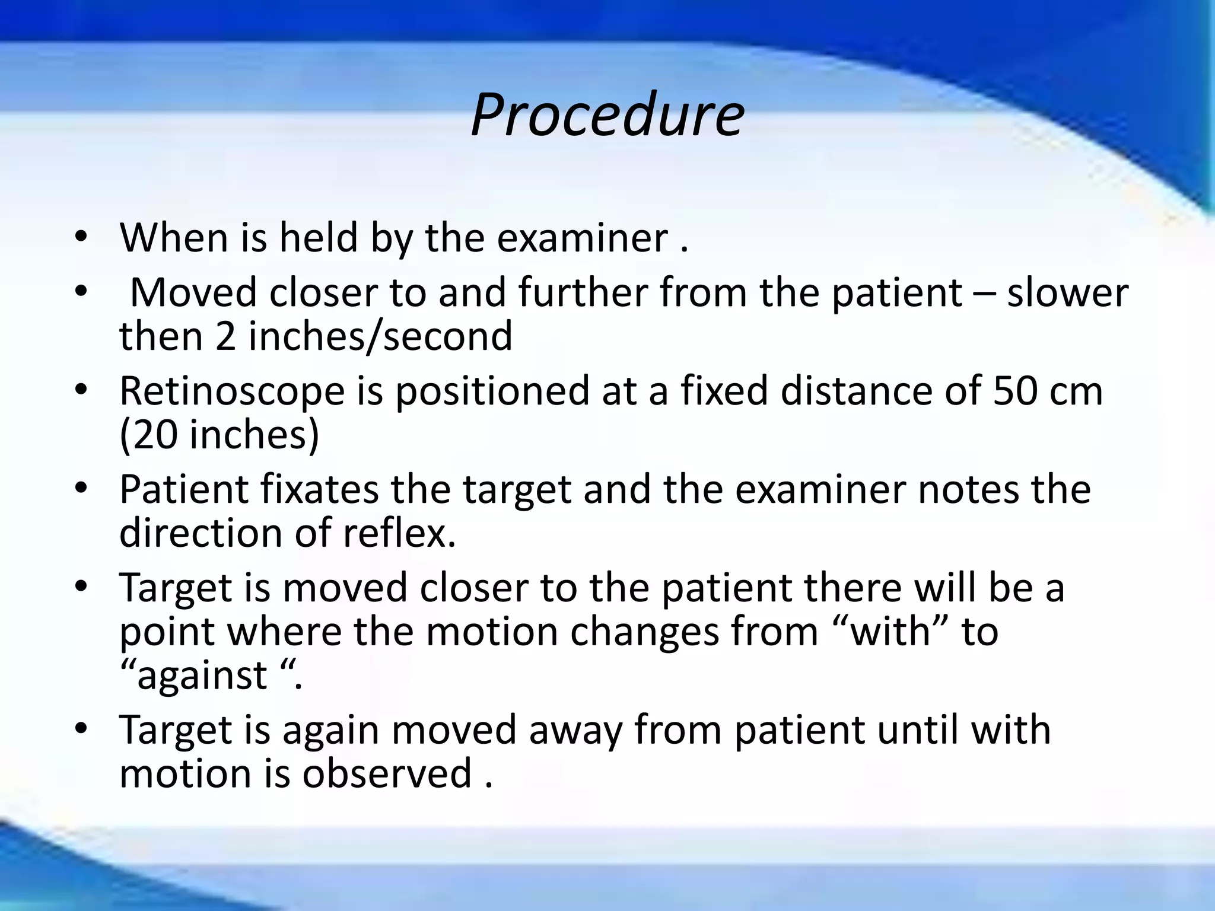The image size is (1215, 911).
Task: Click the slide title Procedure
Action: coord(607,116)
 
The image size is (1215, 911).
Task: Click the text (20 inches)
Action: coord(220,435)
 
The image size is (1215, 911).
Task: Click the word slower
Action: coord(1067,294)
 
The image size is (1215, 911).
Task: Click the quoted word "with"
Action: coord(890,632)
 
